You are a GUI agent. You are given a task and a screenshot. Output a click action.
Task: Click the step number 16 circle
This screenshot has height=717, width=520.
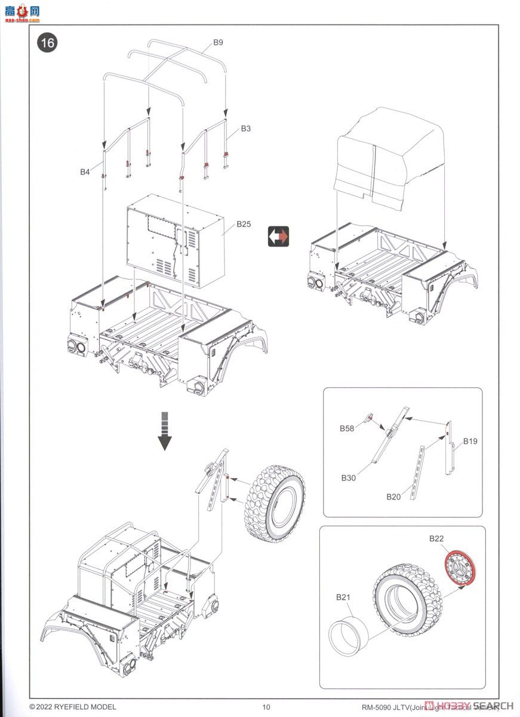(47, 43)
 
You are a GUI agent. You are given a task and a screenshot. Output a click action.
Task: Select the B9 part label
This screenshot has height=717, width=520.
(219, 42)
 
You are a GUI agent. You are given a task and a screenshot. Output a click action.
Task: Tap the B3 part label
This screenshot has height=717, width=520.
(246, 128)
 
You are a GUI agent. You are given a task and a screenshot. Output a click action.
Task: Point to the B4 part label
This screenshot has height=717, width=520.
(85, 172)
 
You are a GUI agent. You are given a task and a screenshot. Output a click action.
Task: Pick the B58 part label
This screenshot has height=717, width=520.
(347, 428)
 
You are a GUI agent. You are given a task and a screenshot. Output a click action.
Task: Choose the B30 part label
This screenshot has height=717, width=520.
(349, 477)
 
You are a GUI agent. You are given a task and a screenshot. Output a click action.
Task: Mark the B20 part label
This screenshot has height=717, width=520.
(393, 497)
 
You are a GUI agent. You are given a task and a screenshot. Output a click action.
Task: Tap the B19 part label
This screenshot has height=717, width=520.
(470, 442)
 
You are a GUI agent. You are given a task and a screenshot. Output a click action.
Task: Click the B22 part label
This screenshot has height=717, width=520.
(436, 539)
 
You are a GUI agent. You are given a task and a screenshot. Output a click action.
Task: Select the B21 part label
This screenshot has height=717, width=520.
(342, 597)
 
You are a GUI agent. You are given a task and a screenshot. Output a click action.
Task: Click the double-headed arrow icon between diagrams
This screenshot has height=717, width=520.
(278, 237)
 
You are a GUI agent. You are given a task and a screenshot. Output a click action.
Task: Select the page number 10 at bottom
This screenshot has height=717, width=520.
(266, 707)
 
